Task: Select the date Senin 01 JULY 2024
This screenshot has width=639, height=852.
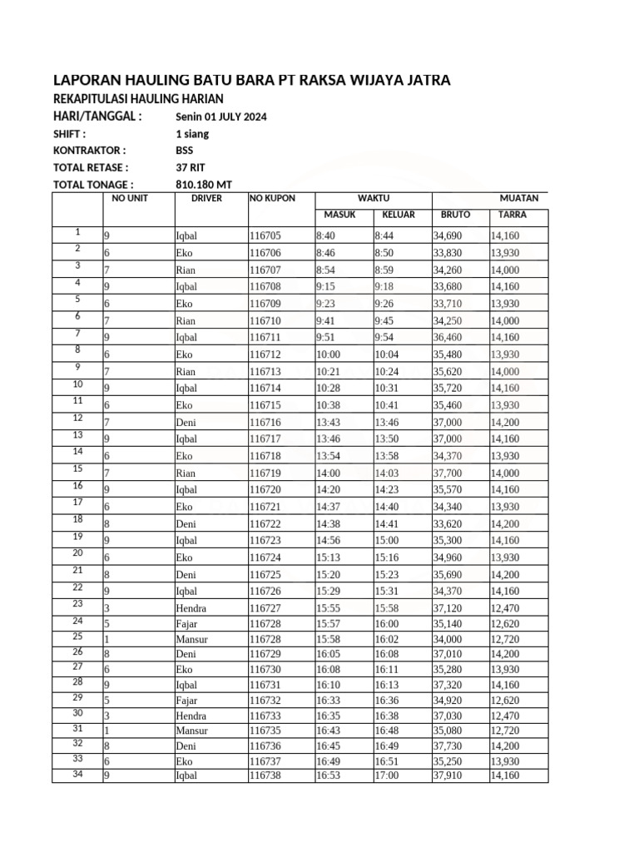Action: (x=221, y=116)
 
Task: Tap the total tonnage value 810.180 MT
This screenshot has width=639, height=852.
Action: (x=204, y=185)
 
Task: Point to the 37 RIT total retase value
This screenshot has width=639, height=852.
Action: (x=191, y=167)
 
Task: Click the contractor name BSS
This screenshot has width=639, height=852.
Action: (x=184, y=151)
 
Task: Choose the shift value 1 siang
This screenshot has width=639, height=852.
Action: (x=192, y=133)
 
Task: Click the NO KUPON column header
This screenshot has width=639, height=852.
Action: (x=272, y=199)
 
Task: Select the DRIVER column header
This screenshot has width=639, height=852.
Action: (x=206, y=199)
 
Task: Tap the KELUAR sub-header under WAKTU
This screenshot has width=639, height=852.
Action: (x=398, y=215)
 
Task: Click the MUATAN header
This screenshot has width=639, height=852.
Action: (x=518, y=199)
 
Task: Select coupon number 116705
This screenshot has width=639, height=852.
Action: (x=265, y=236)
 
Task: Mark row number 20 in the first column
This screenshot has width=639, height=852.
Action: (x=77, y=552)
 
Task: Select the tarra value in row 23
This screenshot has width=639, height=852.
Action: (x=505, y=608)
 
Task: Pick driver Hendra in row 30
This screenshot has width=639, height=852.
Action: (x=191, y=715)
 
